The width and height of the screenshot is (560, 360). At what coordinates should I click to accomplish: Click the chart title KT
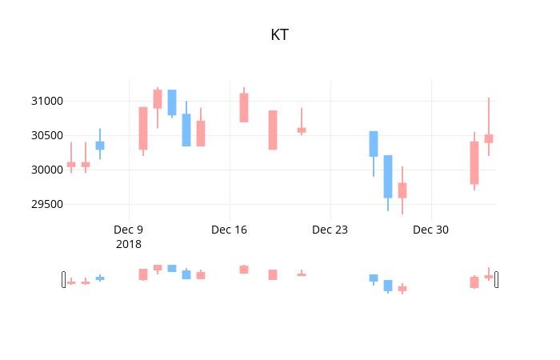(280, 34)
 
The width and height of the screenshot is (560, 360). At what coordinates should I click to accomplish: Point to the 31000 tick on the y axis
(47, 101)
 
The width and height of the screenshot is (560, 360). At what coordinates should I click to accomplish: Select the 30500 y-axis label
(47, 135)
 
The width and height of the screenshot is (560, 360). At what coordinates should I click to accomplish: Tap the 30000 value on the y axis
(47, 170)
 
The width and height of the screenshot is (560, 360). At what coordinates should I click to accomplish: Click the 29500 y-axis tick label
(47, 204)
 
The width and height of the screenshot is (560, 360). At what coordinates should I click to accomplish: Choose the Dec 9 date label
(129, 230)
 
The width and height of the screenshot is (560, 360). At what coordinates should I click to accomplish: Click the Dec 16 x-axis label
(230, 230)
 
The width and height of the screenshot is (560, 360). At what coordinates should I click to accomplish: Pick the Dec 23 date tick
(330, 230)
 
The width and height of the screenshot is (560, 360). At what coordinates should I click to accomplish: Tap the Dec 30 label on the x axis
(430, 230)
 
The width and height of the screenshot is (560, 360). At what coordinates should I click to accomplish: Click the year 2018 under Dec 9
(129, 244)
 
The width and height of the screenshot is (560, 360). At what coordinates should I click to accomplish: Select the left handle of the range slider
(63, 279)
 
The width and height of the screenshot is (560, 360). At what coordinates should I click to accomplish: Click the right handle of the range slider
(497, 279)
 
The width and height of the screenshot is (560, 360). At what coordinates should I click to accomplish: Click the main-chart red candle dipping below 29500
(402, 190)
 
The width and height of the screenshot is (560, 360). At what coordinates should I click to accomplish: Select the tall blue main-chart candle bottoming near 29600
(388, 177)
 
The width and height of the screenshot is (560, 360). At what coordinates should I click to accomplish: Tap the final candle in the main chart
(489, 138)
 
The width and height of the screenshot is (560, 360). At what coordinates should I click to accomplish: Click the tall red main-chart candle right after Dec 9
(143, 128)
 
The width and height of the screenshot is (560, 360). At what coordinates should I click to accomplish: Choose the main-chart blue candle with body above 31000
(172, 102)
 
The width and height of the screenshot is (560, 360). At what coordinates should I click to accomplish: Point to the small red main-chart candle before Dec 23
(302, 130)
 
